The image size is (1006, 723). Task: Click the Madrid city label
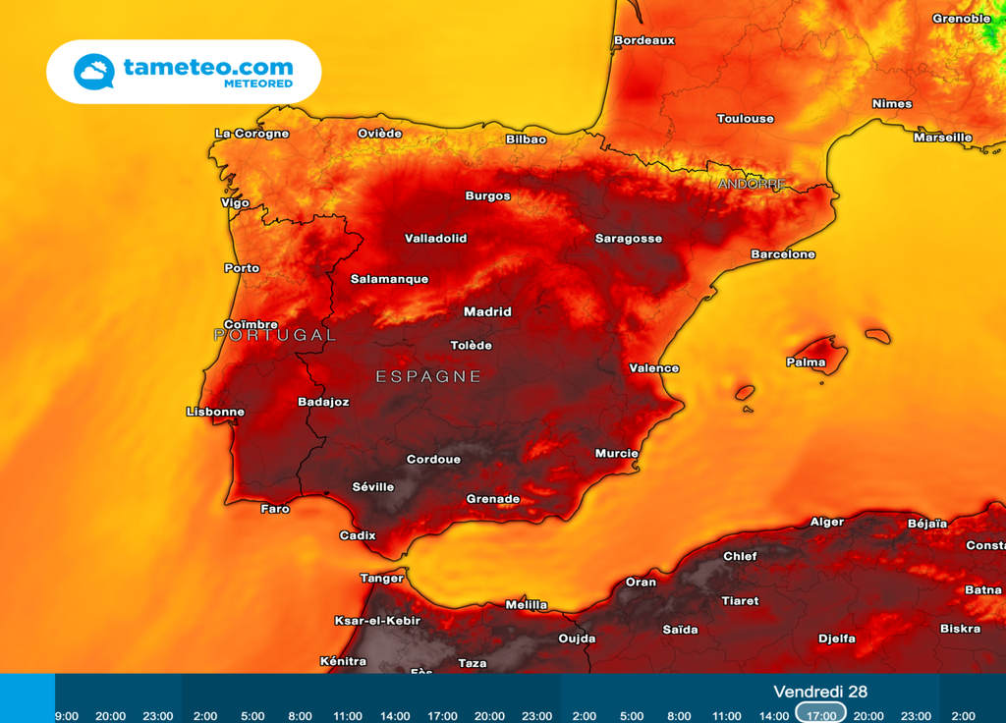coord(487,311)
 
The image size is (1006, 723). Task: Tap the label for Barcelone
coord(783,254)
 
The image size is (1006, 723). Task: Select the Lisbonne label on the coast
coord(215,412)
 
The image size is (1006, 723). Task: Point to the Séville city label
coord(373,487)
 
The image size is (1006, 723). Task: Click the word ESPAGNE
coord(428,376)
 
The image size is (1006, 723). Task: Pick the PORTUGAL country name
coord(274,335)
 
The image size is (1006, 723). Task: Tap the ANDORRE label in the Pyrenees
coord(752,184)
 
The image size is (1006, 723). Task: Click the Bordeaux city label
coord(644,40)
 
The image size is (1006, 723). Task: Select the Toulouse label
coord(745,119)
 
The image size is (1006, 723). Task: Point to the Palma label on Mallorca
coord(806,362)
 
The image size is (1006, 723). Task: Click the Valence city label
coord(653,368)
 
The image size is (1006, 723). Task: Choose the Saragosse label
coord(629,239)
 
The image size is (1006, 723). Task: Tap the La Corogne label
coord(251,134)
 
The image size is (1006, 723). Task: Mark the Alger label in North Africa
coord(826,522)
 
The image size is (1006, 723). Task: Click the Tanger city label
coord(381,579)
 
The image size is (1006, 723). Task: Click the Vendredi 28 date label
coord(820,692)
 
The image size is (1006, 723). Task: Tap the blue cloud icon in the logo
coord(94,72)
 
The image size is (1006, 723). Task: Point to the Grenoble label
coord(961,19)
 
